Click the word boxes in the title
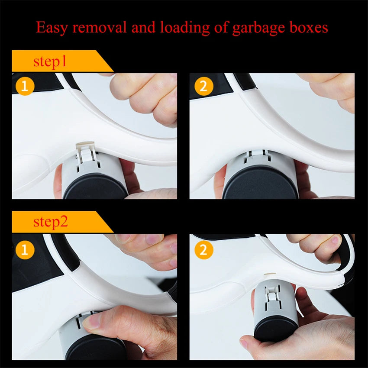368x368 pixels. (307, 28)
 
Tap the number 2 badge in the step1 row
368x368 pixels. (204, 86)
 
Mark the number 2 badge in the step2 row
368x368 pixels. (204, 250)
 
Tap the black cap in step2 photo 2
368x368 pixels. (275, 329)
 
